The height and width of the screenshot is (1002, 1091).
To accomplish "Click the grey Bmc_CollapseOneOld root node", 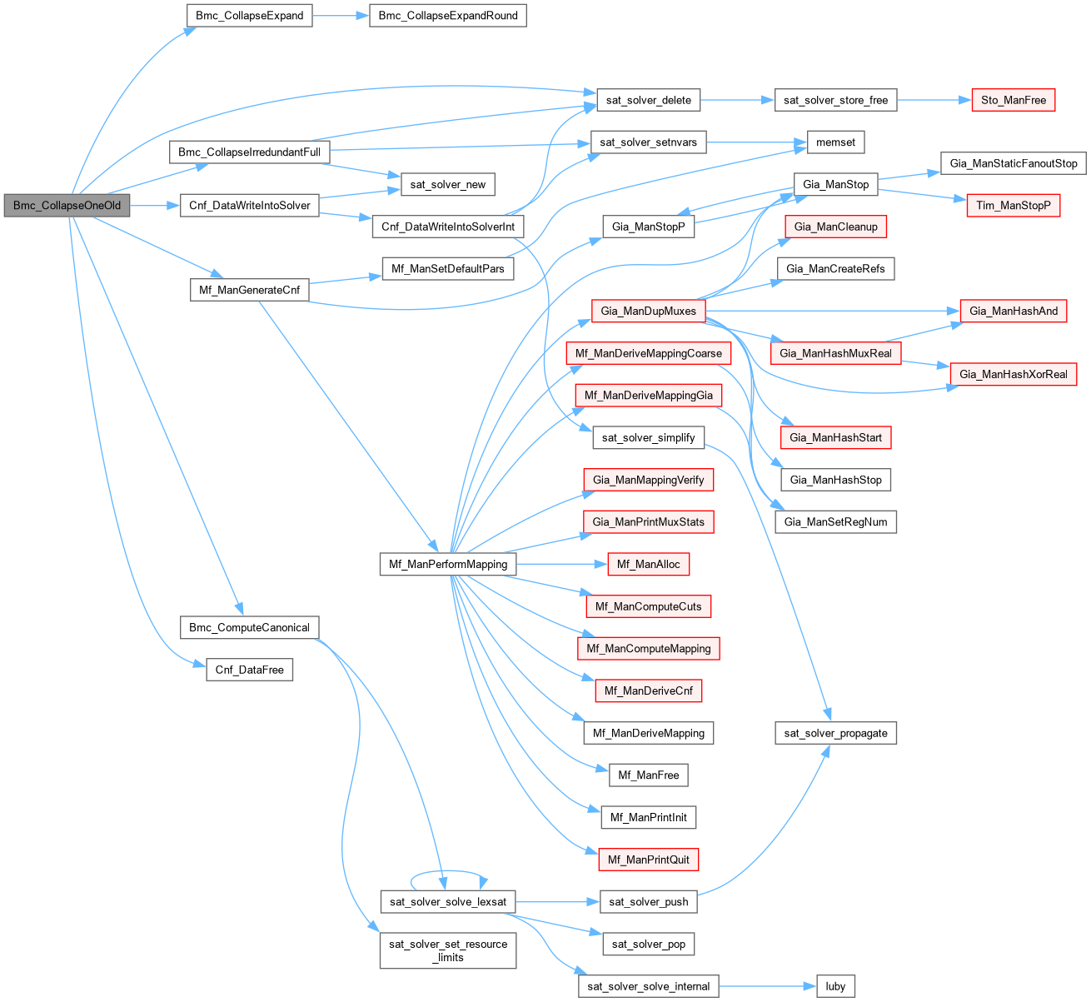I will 67,206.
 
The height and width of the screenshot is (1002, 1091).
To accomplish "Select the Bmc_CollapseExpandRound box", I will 447,16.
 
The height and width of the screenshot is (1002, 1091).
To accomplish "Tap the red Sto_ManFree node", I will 1013,100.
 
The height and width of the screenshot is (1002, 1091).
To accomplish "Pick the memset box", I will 835,142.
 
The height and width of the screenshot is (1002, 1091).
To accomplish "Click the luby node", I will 835,986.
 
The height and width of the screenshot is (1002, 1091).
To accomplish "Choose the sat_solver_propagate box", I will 835,733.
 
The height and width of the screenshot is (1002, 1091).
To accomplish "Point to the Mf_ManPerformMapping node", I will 447,564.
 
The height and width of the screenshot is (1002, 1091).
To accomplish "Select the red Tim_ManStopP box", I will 1013,206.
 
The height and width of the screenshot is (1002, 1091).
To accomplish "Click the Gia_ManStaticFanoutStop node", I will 1013,163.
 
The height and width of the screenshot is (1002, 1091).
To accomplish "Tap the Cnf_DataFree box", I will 249,670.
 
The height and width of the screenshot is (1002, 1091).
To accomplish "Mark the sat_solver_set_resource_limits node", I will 447,950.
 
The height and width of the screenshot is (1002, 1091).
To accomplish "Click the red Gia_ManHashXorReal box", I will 1013,374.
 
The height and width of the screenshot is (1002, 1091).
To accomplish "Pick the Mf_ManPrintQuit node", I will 648,860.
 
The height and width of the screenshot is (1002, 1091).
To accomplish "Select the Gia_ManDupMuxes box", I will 648,311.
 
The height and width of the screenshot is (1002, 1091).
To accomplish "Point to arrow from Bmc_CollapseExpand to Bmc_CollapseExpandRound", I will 341,16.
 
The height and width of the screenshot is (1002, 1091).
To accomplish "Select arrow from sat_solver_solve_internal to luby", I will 767,986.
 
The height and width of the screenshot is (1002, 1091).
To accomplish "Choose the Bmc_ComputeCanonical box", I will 249,627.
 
